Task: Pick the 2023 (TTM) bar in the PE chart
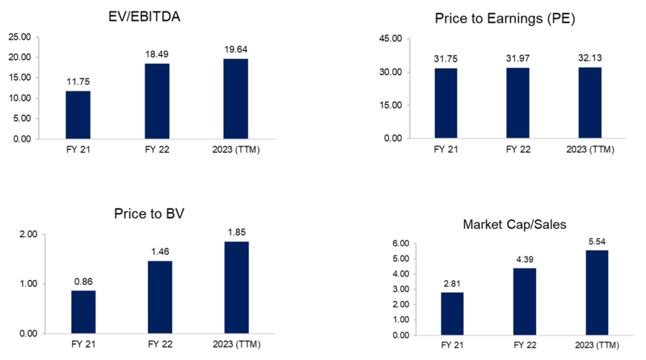click(x=590, y=103)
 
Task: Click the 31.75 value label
click(x=445, y=59)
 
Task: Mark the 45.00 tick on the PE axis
click(x=409, y=38)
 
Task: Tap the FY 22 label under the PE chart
click(x=517, y=151)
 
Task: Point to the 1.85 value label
click(x=235, y=232)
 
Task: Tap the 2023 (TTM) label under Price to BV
click(x=235, y=345)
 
